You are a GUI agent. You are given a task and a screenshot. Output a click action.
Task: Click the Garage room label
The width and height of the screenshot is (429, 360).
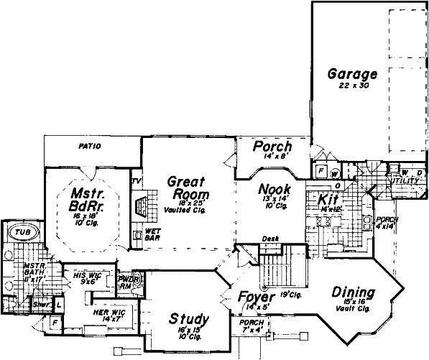(x=352, y=73)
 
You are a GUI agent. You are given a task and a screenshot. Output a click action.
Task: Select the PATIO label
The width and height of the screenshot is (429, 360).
(x=88, y=147)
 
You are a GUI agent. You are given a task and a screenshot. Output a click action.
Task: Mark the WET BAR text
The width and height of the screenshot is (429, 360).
(x=152, y=234)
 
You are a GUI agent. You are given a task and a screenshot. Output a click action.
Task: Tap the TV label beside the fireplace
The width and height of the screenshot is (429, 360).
(x=135, y=181)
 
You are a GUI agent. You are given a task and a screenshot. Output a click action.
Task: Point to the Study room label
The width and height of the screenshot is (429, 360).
(x=189, y=318)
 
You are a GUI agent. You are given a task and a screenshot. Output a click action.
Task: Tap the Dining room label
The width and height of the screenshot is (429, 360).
(x=354, y=292)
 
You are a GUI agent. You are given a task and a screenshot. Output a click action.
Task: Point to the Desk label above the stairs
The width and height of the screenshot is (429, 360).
(x=270, y=239)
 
